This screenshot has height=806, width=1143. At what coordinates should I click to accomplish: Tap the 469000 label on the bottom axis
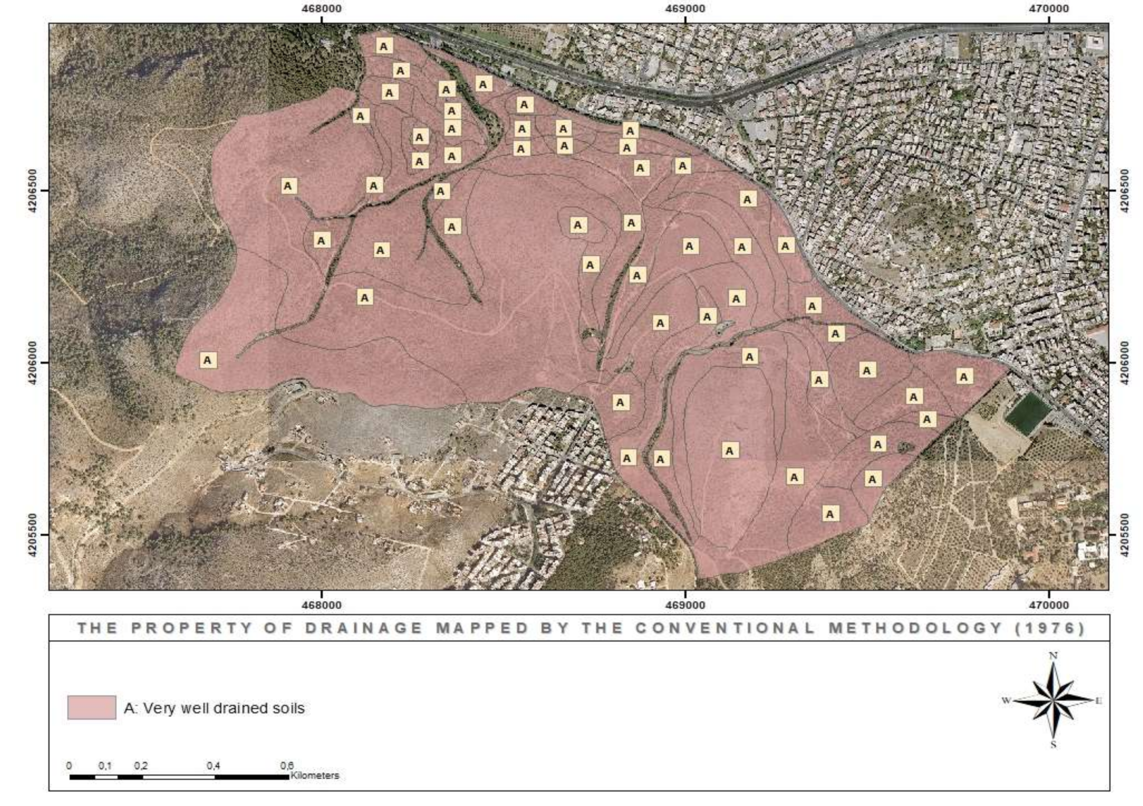click(685, 605)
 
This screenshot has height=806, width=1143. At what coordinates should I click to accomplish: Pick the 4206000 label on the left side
click(32, 362)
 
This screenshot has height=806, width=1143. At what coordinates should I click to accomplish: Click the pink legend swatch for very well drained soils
click(92, 708)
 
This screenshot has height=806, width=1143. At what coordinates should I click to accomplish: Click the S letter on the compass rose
click(1053, 759)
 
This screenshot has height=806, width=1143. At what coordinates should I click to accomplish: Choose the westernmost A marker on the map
click(208, 359)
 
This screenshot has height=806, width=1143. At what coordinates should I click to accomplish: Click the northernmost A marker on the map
click(384, 46)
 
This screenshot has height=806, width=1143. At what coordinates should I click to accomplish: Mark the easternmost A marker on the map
click(964, 377)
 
